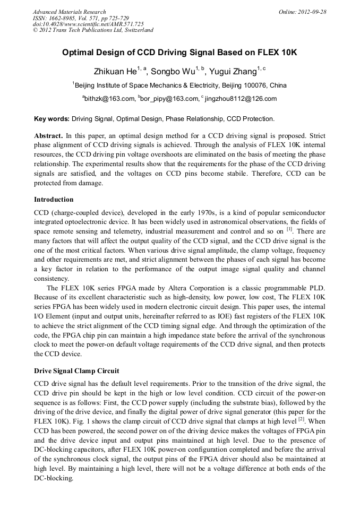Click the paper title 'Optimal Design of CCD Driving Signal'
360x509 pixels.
click(179, 53)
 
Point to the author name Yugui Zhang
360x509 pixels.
click(232, 71)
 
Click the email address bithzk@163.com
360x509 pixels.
click(110, 99)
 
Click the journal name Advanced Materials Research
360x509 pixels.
click(70, 12)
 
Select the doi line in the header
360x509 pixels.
click(88, 24)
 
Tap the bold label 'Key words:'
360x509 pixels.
click(52, 118)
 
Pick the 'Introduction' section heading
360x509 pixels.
click(54, 200)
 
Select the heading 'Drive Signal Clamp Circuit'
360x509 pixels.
click(76, 370)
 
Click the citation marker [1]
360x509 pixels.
click(289, 230)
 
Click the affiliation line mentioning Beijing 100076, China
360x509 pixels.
click(181, 85)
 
